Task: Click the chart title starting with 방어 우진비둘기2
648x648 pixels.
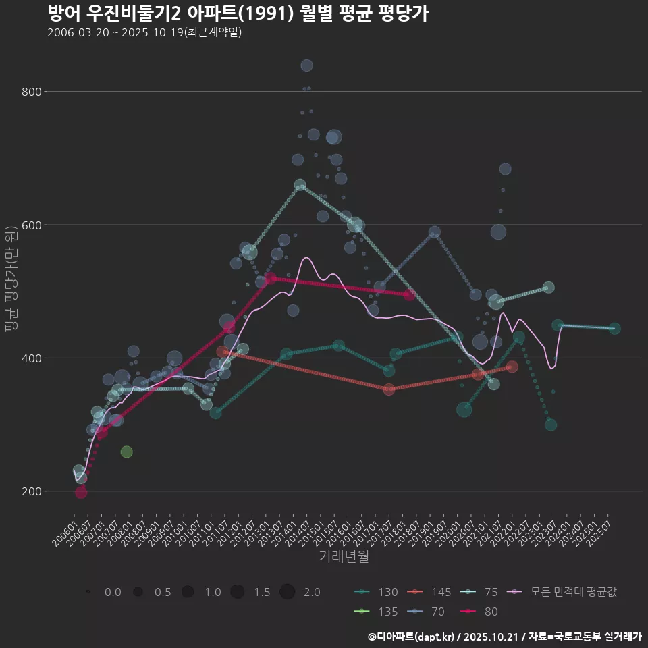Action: [x=238, y=13]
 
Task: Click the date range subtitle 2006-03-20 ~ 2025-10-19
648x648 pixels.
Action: [x=144, y=33]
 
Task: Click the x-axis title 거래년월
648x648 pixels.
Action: [x=344, y=557]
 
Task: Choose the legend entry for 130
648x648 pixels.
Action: [x=377, y=592]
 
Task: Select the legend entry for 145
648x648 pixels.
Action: [x=430, y=592]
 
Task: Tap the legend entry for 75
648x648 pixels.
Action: [x=482, y=592]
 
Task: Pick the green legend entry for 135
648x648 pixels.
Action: [x=377, y=612]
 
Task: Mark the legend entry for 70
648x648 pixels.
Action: [x=430, y=612]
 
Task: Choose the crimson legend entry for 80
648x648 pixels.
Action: [x=482, y=612]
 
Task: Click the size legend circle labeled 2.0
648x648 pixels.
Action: [x=288, y=592]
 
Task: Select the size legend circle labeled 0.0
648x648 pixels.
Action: [x=88, y=592]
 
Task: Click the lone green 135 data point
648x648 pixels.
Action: [x=126, y=452]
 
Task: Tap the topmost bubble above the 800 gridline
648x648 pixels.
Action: [x=306, y=65]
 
